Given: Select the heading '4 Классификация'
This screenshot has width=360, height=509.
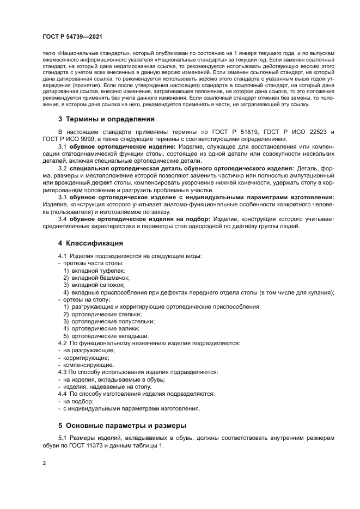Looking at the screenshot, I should click(90, 242).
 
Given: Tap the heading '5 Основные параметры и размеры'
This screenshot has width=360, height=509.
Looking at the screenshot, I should click(122, 425).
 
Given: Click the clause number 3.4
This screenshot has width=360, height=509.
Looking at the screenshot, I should click(62, 219).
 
